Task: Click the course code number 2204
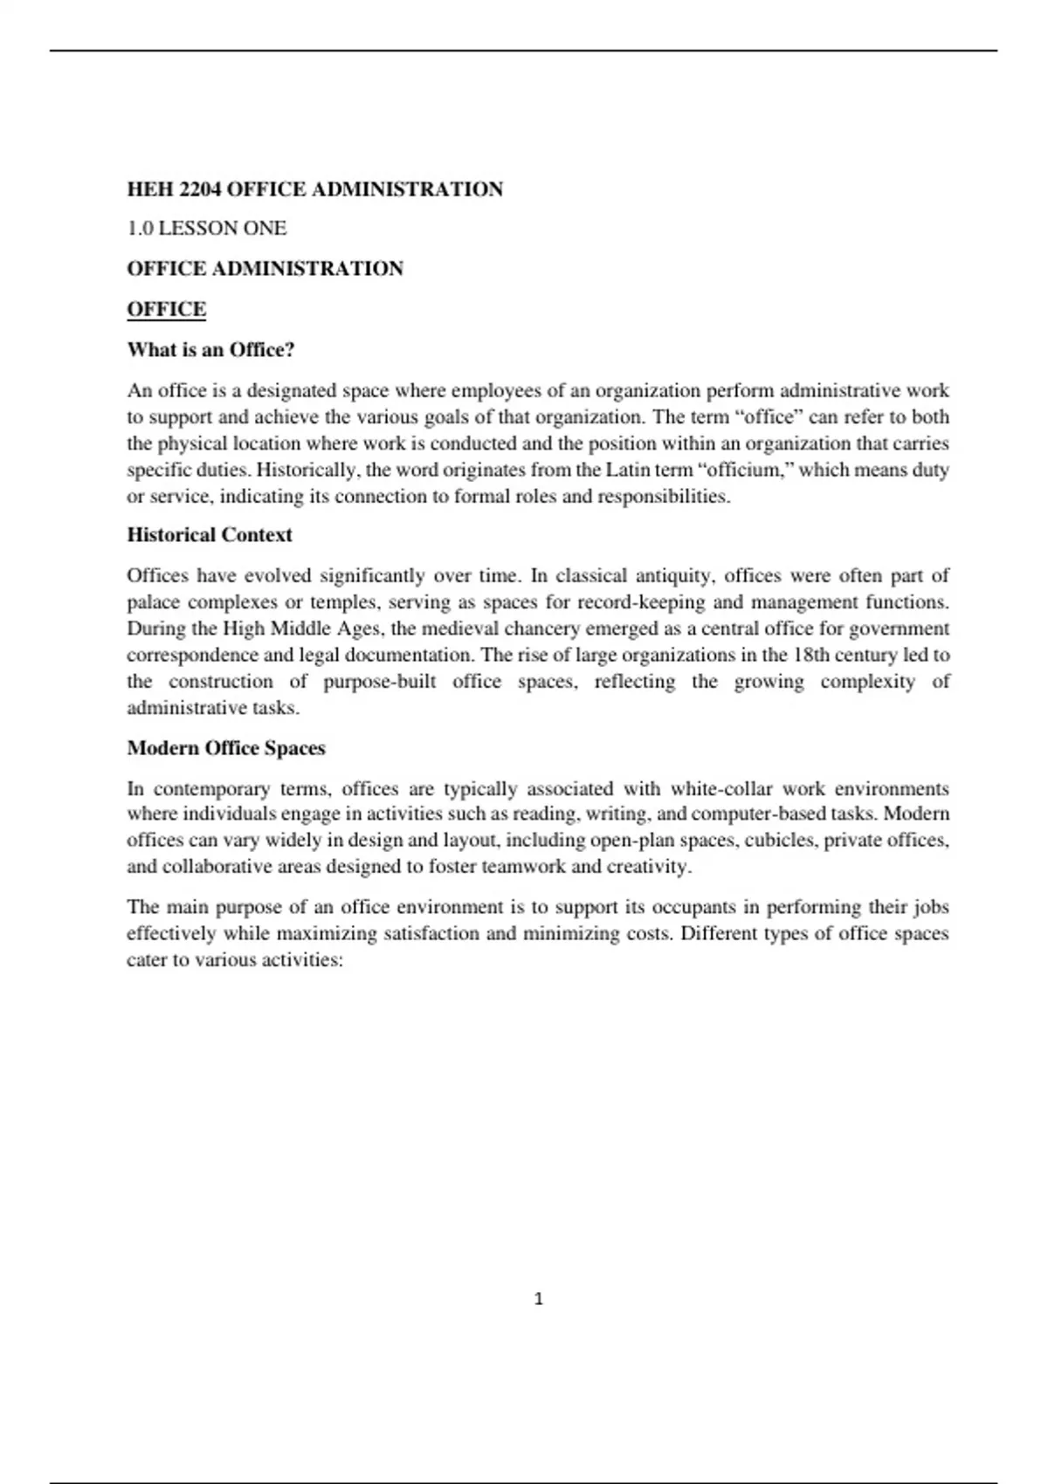click(198, 189)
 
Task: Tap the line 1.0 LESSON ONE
click(207, 229)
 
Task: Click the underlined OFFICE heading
click(167, 309)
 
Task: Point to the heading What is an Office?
click(211, 350)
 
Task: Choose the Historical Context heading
click(210, 535)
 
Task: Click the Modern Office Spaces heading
click(226, 748)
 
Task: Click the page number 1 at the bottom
click(538, 1299)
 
